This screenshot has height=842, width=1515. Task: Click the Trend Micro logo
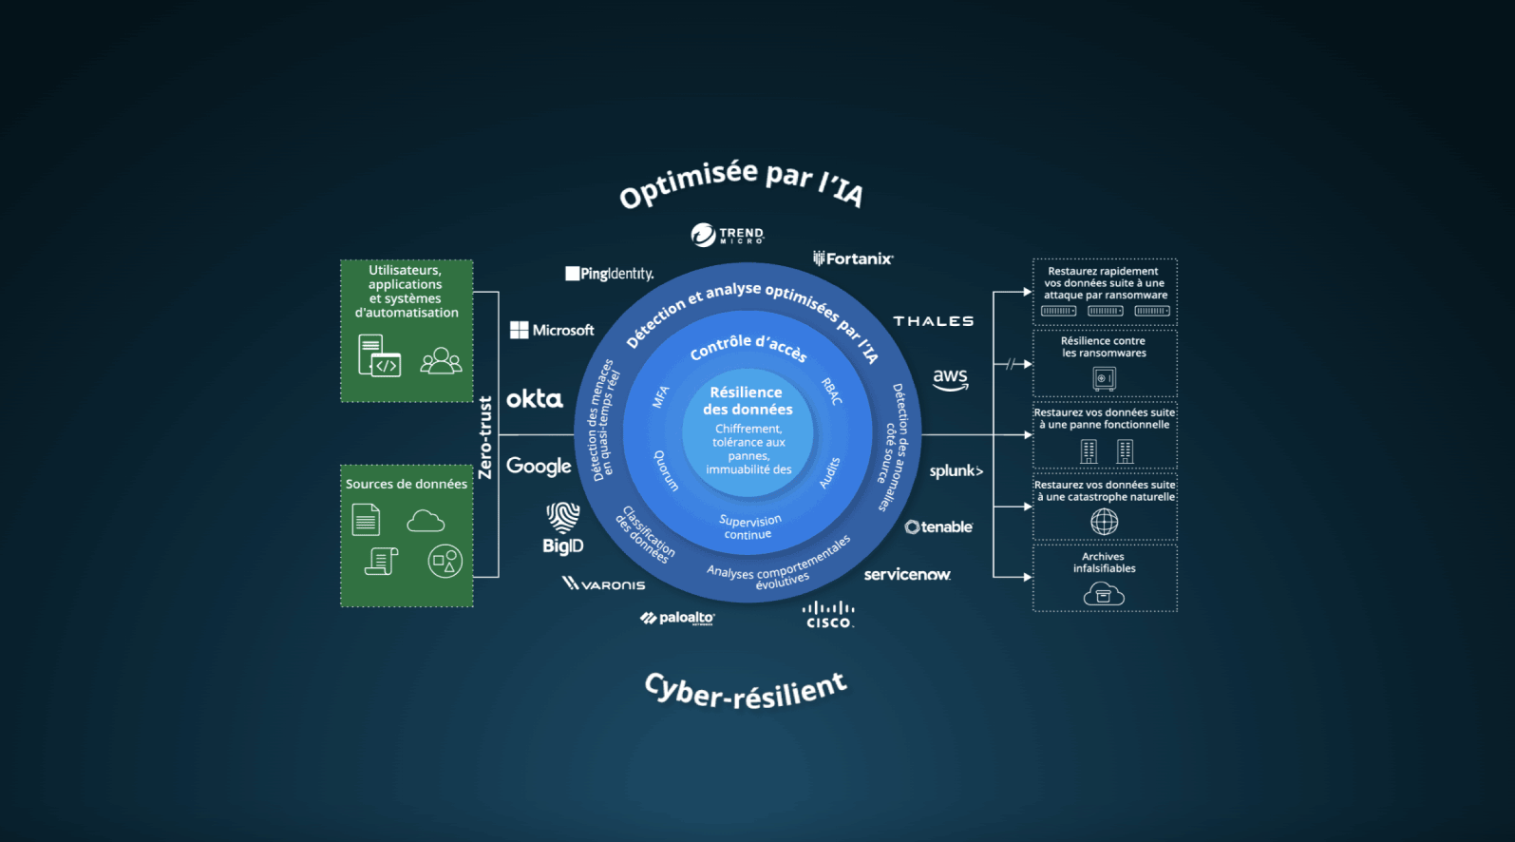[727, 235]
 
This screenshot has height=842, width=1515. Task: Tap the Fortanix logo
[853, 258]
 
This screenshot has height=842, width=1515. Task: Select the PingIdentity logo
[610, 274]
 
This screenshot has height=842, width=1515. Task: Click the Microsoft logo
[552, 331]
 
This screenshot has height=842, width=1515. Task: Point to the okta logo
[535, 398]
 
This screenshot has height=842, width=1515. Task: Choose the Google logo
[540, 467]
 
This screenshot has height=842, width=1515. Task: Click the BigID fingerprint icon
[562, 517]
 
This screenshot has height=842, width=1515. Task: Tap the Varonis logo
[603, 584]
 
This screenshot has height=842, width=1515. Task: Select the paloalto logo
[677, 618]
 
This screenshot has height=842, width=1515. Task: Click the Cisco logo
[828, 615]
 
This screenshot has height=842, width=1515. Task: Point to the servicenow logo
[907, 575]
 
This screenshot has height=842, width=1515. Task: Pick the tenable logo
[938, 526]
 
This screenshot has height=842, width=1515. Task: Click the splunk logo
[956, 471]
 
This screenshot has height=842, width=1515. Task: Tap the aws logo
[950, 379]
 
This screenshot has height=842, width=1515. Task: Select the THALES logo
[934, 321]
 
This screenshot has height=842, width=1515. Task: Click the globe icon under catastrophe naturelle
[1105, 522]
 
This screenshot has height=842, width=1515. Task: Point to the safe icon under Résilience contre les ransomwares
[1105, 378]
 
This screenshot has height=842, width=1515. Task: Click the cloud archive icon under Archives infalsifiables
[1104, 594]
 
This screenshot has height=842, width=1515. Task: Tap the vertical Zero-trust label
[485, 438]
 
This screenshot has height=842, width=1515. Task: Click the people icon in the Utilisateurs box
[441, 360]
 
